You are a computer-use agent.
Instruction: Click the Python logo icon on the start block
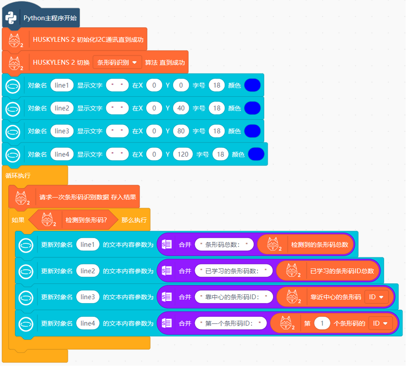click(x=11, y=18)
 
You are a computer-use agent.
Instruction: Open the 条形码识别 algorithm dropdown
click(x=117, y=63)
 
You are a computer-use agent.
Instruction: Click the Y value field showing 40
click(x=181, y=108)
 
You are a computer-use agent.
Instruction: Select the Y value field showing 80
click(x=181, y=131)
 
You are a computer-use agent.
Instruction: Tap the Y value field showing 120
click(x=183, y=154)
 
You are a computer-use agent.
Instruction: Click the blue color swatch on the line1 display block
click(x=252, y=85)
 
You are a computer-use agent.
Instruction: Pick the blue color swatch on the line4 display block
click(x=256, y=154)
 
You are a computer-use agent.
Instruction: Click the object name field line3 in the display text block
click(x=62, y=131)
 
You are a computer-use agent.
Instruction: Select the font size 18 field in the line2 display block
click(x=217, y=108)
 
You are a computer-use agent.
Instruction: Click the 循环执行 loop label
click(x=18, y=175)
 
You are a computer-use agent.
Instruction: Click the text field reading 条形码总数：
click(x=224, y=244)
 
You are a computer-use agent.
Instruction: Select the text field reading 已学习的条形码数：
click(x=234, y=271)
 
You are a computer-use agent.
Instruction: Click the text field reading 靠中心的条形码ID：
click(x=234, y=297)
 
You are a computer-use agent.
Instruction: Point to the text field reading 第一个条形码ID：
click(x=231, y=323)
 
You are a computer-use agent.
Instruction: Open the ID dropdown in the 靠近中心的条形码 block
click(x=376, y=297)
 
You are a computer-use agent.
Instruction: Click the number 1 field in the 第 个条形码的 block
click(x=322, y=323)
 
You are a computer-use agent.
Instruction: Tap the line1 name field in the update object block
click(x=88, y=244)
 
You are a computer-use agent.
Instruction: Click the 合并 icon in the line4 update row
click(x=167, y=323)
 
